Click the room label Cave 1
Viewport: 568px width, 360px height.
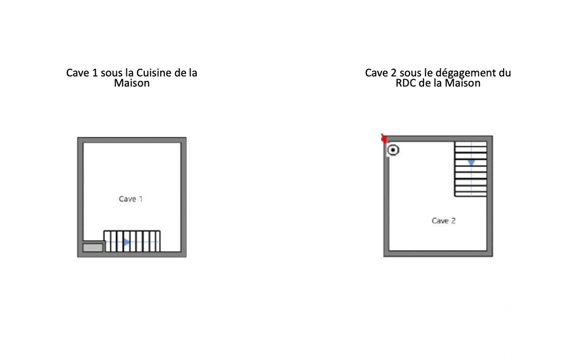coord(131,199)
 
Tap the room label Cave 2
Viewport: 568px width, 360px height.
coord(443,220)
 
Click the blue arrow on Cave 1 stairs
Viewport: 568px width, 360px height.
coord(126,242)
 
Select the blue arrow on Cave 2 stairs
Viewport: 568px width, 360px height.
coord(471,163)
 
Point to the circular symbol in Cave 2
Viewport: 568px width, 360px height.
coord(393,150)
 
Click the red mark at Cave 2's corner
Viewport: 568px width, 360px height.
coord(384,138)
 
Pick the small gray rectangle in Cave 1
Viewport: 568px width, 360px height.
coord(93,248)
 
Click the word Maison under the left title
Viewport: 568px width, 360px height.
coord(132,83)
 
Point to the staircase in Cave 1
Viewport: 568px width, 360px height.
coord(132,241)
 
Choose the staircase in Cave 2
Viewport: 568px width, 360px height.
coord(471,169)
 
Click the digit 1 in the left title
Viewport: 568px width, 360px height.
coord(95,73)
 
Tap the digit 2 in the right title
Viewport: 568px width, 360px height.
coord(394,73)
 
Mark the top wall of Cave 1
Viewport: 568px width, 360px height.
coord(132,140)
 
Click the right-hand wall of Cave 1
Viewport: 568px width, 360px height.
coord(183,197)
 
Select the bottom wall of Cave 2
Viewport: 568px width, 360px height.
coord(438,254)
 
